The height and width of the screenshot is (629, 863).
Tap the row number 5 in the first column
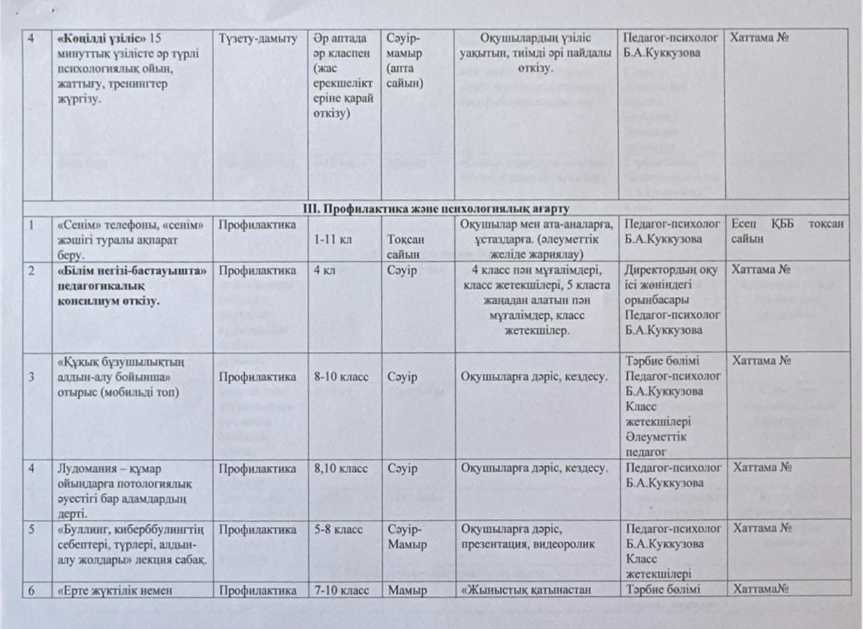click(33, 527)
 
